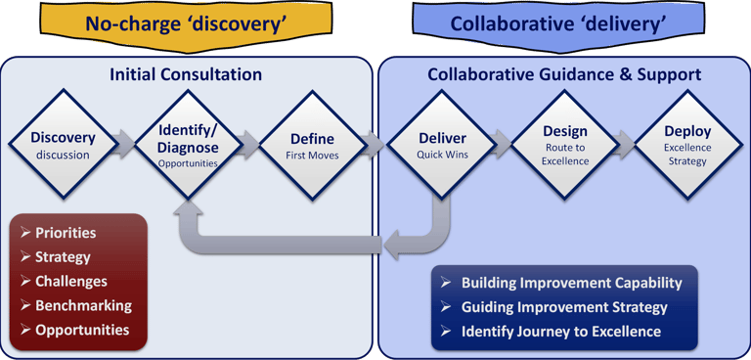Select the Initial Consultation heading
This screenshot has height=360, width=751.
pos(185,74)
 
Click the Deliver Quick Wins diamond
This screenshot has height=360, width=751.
pos(442,144)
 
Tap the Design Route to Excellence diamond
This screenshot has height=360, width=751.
pos(564,144)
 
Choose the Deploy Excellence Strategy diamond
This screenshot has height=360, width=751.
pos(687,144)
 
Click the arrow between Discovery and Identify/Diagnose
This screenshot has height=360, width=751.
pos(125,144)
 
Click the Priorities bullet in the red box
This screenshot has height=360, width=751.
pos(66,233)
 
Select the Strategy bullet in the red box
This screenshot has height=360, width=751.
pos(63,257)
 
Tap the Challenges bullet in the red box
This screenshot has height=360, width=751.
pos(71,282)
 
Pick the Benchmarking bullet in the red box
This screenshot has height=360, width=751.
pos(83,305)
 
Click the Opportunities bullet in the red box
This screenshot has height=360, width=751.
pos(82,330)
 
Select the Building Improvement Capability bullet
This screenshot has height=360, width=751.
pos(571,283)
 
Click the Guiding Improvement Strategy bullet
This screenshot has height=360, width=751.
pos(564,307)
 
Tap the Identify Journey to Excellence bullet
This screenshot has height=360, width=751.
pos(560,332)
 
